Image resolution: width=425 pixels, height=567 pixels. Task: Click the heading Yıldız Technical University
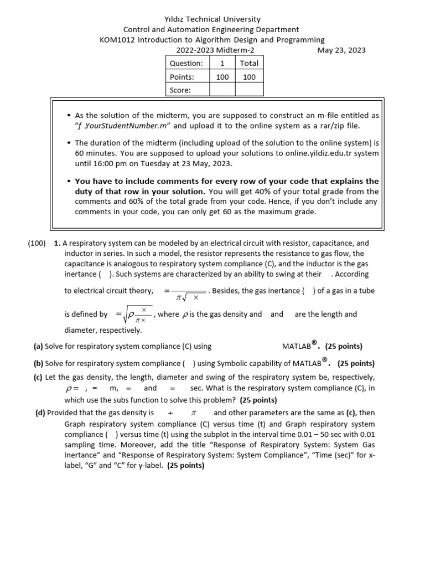click(212, 19)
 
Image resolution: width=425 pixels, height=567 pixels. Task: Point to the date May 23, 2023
click(341, 50)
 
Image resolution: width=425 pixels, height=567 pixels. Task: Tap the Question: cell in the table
click(186, 63)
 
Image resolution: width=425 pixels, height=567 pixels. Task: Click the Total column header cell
click(249, 63)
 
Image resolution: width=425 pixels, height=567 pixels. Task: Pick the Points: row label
click(182, 77)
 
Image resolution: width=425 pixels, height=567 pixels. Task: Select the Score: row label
click(180, 90)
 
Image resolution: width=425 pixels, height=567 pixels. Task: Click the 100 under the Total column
click(249, 77)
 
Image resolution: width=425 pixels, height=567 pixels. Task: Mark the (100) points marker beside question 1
click(37, 243)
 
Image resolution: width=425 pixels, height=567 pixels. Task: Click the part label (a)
click(38, 347)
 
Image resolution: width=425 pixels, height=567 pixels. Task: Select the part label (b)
click(39, 364)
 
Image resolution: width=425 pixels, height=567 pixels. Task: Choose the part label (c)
click(38, 378)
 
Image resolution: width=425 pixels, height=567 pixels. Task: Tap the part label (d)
click(40, 413)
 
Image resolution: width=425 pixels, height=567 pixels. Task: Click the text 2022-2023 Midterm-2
click(212, 50)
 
